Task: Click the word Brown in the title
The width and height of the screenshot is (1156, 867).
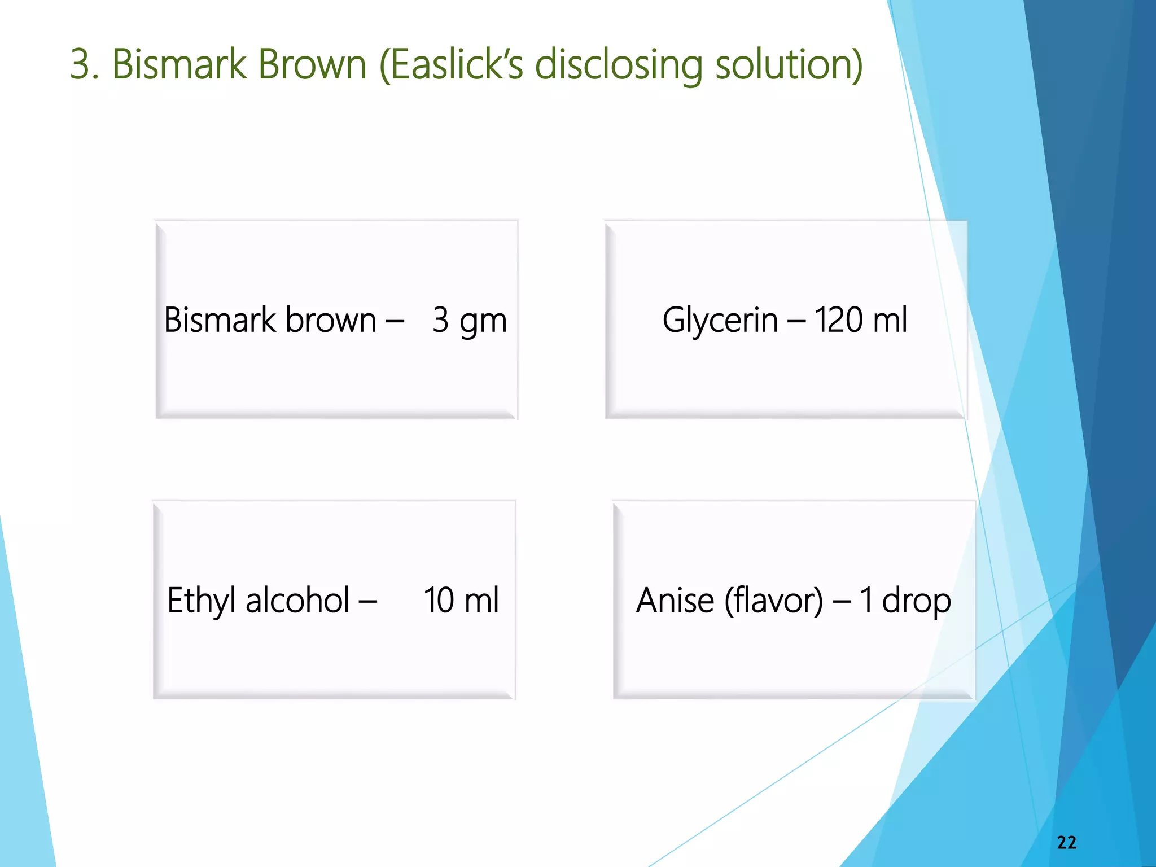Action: [x=312, y=64]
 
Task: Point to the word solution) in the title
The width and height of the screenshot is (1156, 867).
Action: [x=789, y=64]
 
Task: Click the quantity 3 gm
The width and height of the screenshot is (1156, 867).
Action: [x=469, y=321]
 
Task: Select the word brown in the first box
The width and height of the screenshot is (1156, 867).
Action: [x=330, y=319]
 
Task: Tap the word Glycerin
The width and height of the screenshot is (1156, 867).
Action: [x=720, y=319]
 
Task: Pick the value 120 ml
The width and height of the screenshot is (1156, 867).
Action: [x=860, y=319]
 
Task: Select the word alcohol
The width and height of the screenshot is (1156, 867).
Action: [x=297, y=599]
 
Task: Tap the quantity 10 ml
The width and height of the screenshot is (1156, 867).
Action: [x=461, y=599]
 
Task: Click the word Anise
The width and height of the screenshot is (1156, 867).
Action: [x=675, y=599]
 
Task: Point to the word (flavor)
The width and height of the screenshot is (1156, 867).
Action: [x=773, y=599]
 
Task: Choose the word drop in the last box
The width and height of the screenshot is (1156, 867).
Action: [x=916, y=601]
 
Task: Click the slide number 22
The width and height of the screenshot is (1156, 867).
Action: [x=1066, y=842]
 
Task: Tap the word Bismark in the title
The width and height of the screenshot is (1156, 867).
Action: [x=179, y=64]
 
